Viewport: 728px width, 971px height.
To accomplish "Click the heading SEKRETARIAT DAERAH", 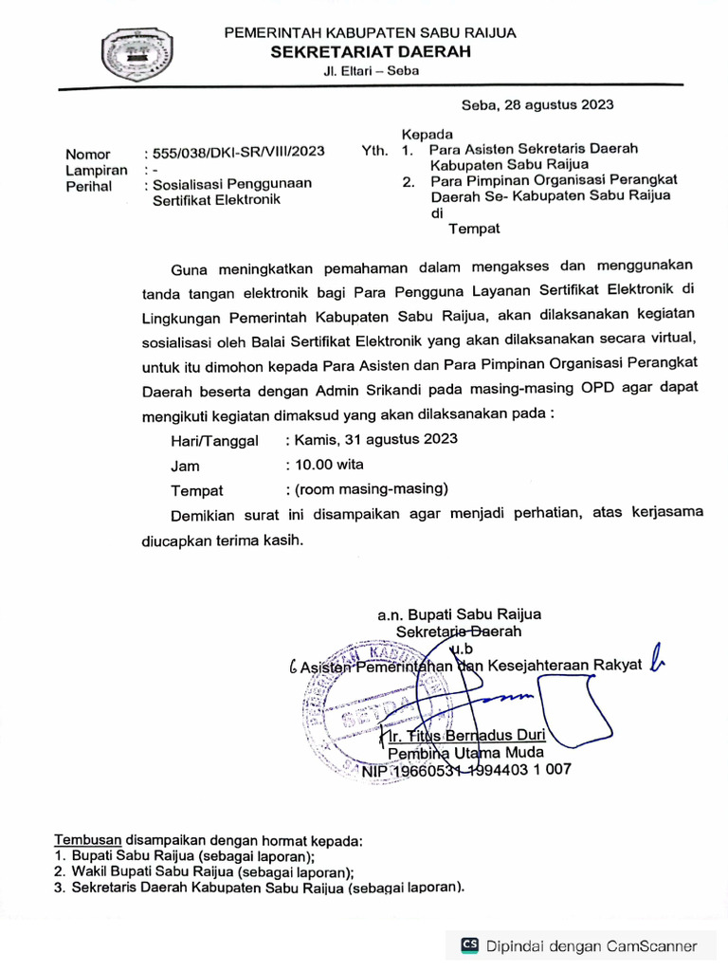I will (370, 52).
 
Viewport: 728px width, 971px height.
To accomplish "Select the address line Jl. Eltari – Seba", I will (370, 71).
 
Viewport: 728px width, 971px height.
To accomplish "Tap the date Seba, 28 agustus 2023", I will (537, 105).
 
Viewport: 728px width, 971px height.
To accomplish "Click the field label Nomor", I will (87, 154).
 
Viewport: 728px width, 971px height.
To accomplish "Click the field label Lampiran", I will (96, 170).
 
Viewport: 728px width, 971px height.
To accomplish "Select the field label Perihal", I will (88, 186).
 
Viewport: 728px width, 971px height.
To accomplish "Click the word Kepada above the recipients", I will (428, 134).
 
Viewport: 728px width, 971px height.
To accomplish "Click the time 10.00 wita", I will (328, 465).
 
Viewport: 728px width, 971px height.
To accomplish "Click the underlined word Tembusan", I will (88, 840).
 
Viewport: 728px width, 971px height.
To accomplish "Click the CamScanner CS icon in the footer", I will (469, 944).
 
